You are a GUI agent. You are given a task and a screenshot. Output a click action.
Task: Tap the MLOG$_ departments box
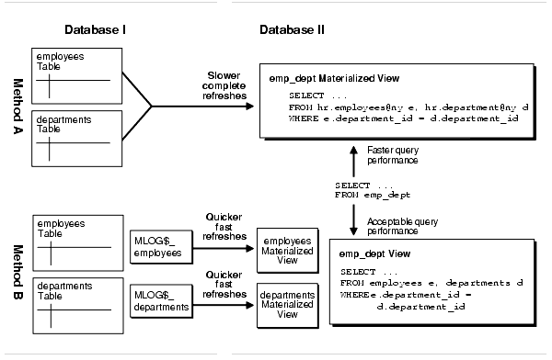(x=165, y=300)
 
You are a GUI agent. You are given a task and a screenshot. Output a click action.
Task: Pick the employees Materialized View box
(x=287, y=249)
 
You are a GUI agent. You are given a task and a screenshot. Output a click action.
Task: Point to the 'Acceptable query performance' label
(x=403, y=224)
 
